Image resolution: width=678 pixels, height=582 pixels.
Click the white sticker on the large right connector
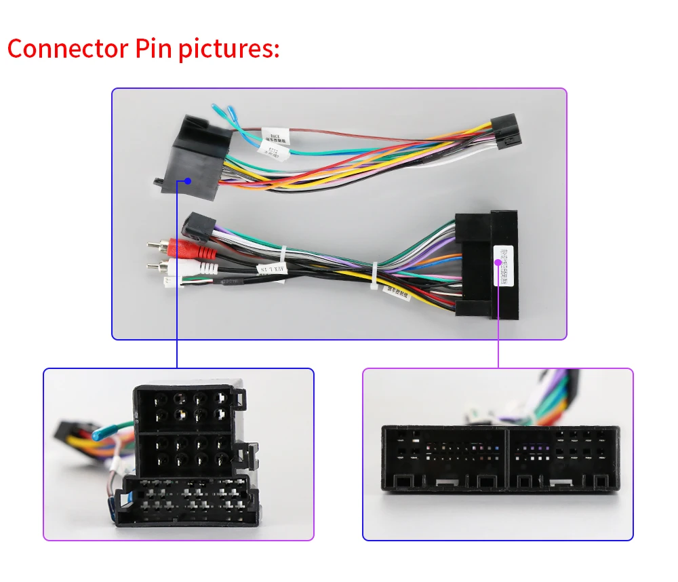(x=503, y=265)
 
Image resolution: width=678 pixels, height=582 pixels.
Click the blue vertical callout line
(x=177, y=285)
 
